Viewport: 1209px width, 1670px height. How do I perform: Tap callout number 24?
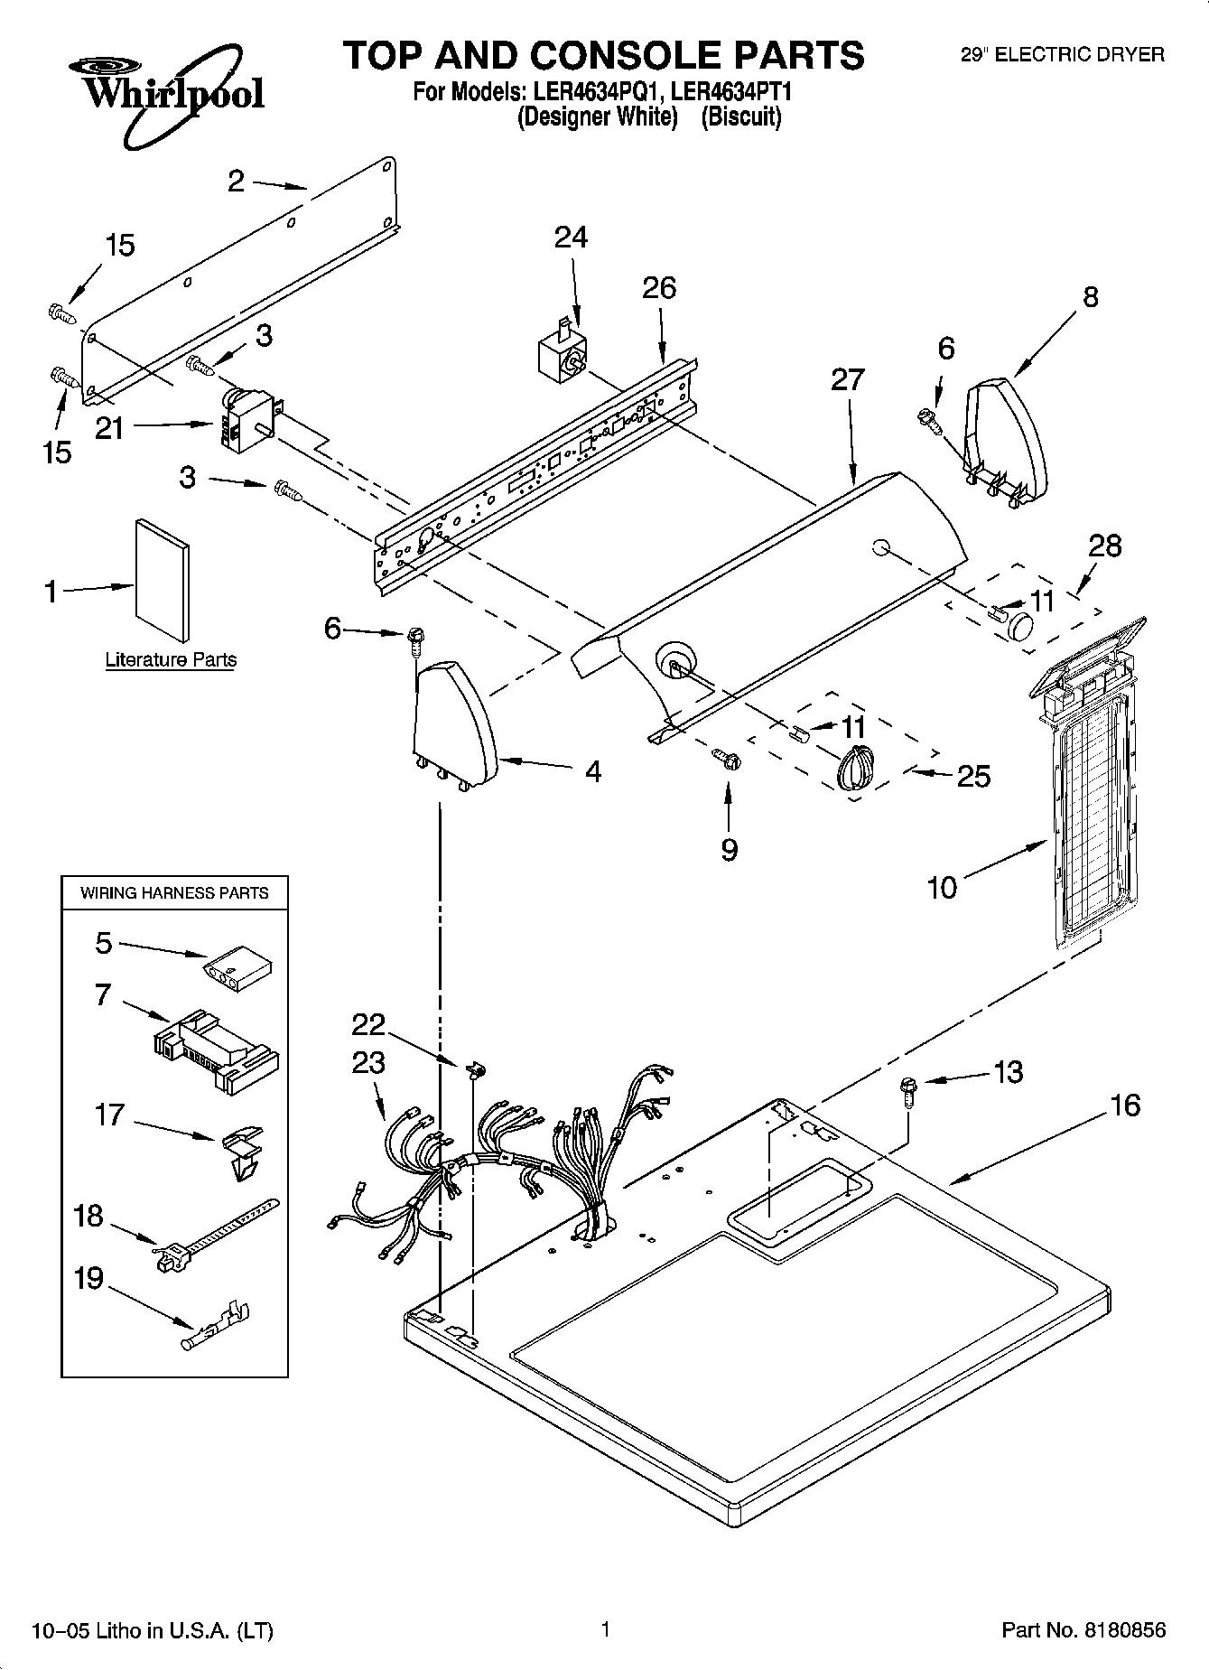(x=571, y=238)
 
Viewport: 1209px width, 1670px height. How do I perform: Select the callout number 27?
(x=848, y=379)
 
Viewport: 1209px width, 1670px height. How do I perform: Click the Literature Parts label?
(x=171, y=659)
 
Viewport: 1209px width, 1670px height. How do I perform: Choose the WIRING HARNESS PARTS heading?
(x=174, y=893)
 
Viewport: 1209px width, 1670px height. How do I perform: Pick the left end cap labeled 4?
(x=454, y=724)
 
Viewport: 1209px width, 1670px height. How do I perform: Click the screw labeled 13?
(x=907, y=1093)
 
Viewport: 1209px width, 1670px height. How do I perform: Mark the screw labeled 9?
(x=727, y=759)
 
